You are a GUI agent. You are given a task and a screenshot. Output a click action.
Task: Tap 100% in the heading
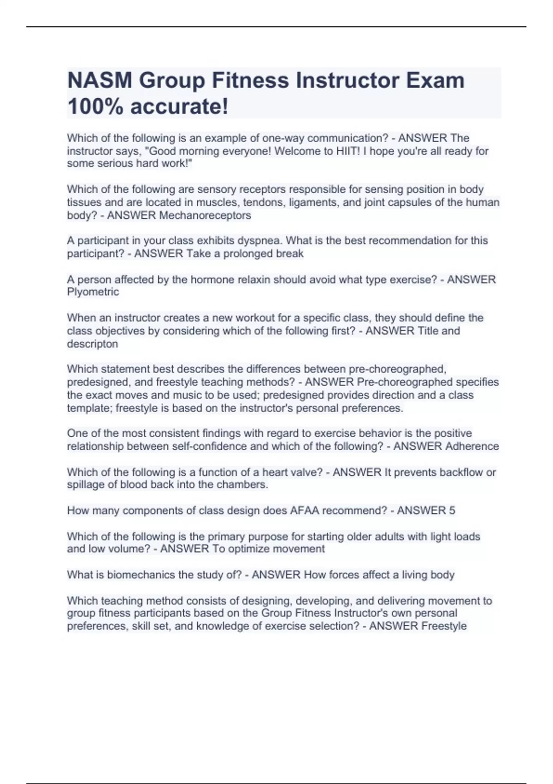[95, 107]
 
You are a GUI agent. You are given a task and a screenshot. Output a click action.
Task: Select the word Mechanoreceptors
[205, 215]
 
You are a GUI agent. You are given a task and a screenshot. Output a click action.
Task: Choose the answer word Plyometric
[93, 292]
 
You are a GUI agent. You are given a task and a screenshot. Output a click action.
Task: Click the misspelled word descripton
[93, 344]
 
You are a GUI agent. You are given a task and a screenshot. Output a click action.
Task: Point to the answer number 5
[452, 511]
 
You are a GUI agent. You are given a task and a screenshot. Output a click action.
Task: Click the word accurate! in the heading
[179, 107]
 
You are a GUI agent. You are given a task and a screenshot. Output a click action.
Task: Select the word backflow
[460, 472]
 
